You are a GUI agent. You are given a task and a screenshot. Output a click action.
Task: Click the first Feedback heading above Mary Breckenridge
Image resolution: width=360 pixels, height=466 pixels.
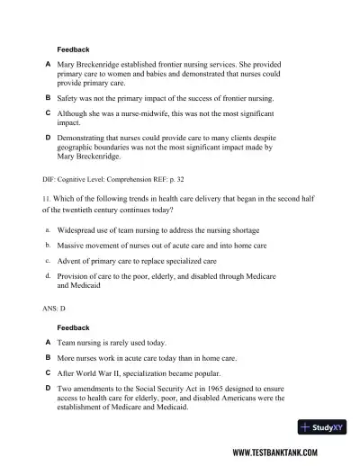[73, 49]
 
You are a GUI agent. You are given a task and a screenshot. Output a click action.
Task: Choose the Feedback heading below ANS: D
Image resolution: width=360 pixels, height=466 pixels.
[73, 327]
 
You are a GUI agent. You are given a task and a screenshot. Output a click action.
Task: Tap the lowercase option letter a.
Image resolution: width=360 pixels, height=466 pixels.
[47, 230]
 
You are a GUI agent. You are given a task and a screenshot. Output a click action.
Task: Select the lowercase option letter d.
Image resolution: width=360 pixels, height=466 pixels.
[47, 274]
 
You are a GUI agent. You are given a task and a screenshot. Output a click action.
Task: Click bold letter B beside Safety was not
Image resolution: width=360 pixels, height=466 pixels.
[47, 95]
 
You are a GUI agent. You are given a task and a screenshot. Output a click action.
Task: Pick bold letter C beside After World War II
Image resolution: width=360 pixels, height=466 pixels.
[47, 372]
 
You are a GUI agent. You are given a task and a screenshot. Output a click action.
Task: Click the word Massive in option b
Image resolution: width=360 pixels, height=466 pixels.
[72, 245]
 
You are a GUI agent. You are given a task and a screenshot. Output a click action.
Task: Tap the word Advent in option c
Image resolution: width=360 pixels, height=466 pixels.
[70, 260]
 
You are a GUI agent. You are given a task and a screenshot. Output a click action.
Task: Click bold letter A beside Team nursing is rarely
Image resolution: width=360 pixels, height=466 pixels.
[47, 343]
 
